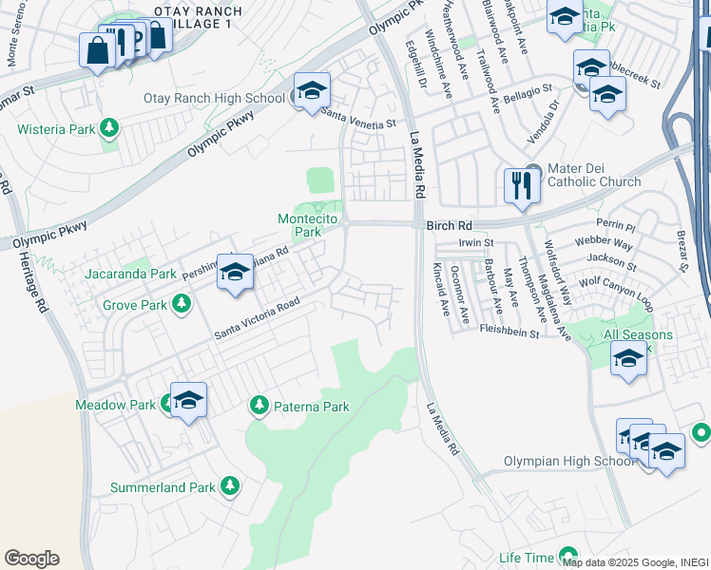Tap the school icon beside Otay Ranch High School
[312, 91]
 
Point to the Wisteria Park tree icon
[109, 126]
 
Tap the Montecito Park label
[300, 224]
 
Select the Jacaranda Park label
[130, 274]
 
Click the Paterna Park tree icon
[259, 407]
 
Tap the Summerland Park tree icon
[229, 486]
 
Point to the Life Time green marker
[568, 555]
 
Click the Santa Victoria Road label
[257, 319]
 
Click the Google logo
[31, 558]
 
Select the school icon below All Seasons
[628, 360]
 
